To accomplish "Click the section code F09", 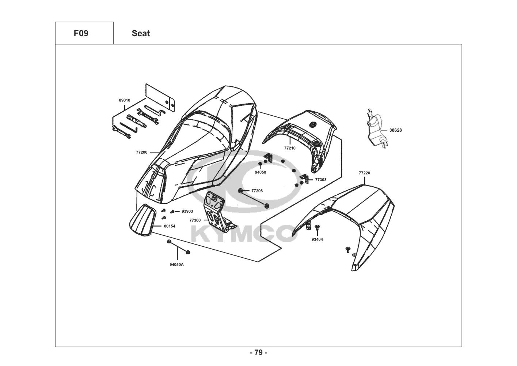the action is (81, 33).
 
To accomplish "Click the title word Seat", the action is (141, 33).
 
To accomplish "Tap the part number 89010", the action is (124, 100).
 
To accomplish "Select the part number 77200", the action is (141, 152).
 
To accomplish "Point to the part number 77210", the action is (290, 148).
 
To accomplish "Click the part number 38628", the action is (395, 130).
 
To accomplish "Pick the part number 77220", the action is (364, 173).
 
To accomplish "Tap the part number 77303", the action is (320, 180).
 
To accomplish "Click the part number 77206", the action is (257, 191).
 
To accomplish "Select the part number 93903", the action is (187, 211).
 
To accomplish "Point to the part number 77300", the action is (195, 220).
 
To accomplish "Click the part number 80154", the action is (169, 226).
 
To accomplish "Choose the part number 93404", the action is (317, 239).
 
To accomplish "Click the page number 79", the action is (258, 353).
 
